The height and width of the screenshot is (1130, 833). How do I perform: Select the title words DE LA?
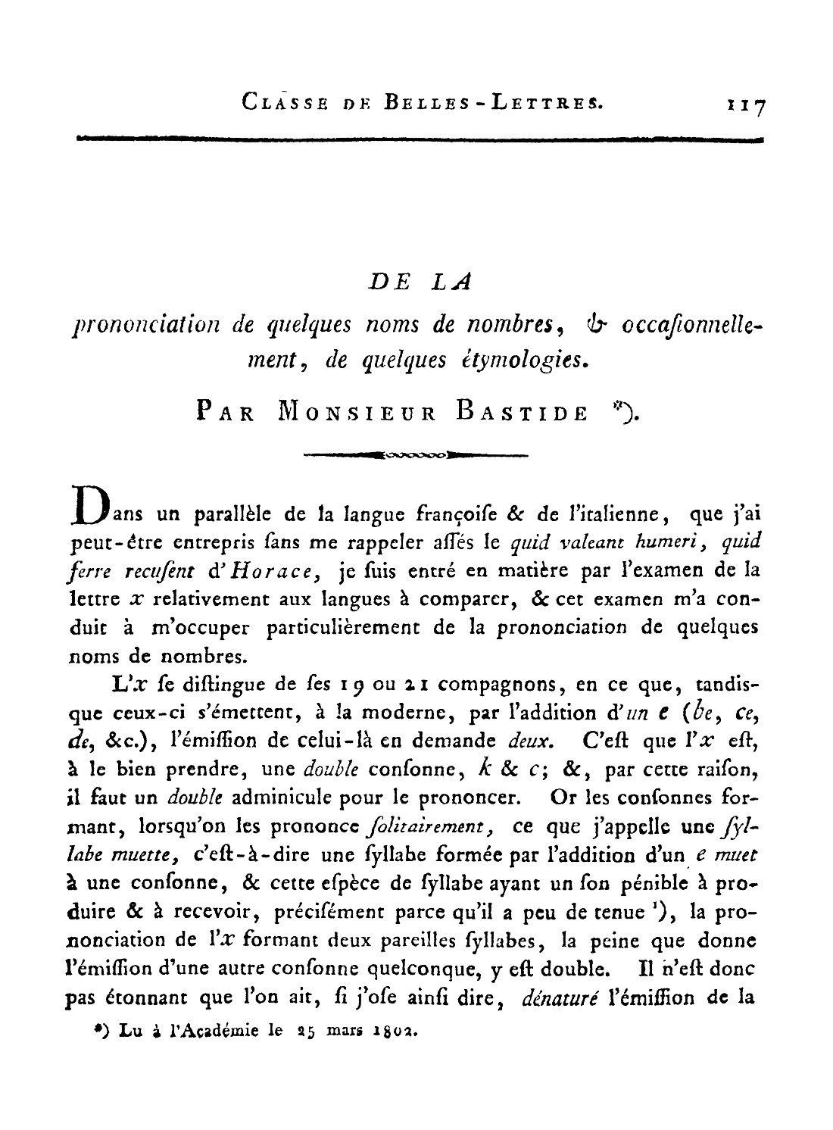[x=420, y=282]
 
